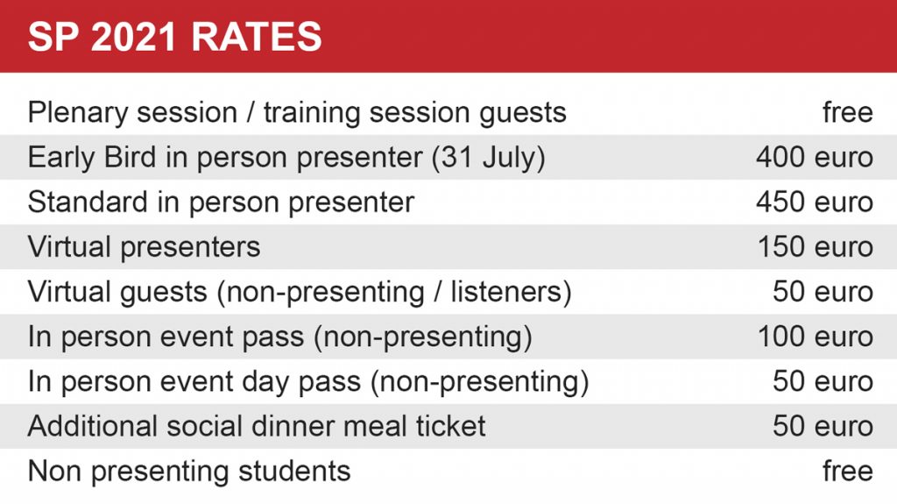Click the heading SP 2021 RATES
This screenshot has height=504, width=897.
tap(175, 37)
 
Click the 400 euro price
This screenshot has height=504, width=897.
tap(814, 157)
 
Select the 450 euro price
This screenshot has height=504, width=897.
tap(814, 202)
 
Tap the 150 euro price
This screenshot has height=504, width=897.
tap(816, 247)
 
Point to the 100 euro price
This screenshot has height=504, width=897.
tap(816, 337)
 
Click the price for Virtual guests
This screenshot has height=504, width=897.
tap(823, 292)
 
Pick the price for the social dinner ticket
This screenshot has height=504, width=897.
tap(823, 426)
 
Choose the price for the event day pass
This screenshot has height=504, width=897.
tap(823, 381)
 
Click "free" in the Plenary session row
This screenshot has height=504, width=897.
tap(848, 111)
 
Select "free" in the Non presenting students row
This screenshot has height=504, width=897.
tap(848, 471)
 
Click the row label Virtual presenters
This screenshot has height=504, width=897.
tap(145, 247)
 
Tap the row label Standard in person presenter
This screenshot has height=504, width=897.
tap(221, 202)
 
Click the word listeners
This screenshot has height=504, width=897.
tap(511, 292)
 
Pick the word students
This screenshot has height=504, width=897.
tap(294, 471)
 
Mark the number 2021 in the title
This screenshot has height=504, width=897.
tap(133, 37)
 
